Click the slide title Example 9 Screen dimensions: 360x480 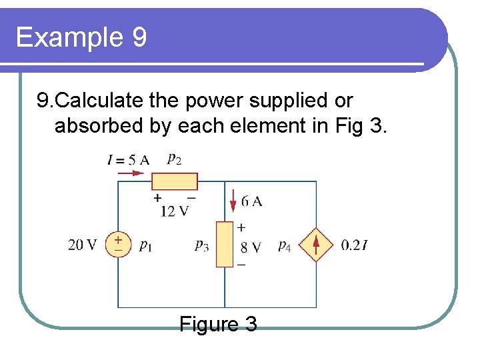pos(81,37)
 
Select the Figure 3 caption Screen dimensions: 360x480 pos(218,325)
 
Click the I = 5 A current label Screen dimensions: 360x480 pos(128,160)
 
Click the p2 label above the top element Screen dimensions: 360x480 pos(174,159)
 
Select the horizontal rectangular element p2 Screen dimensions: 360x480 pos(174,181)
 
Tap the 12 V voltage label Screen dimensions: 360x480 pos(175,211)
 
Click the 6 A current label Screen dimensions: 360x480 pos(251,201)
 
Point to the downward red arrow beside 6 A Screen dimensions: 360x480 pos(234,199)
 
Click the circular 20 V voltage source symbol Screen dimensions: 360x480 pos(118,245)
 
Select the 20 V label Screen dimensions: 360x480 pos(82,245)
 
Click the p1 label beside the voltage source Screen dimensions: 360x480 pos(145,246)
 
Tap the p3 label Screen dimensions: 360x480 pos(201,246)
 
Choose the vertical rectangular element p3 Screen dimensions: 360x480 pos(225,245)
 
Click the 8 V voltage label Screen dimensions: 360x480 pos(251,247)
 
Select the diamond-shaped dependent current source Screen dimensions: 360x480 pos(316,245)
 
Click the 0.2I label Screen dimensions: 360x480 pos(355,245)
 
